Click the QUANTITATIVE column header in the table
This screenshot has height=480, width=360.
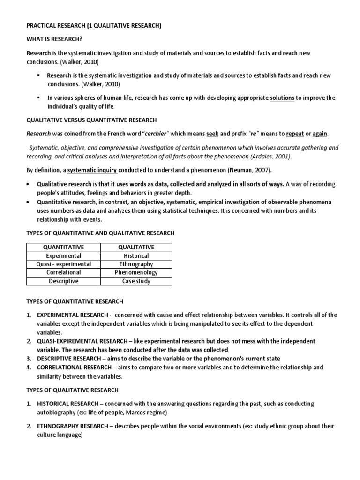click(x=63, y=247)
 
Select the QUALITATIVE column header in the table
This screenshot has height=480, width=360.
click(x=136, y=247)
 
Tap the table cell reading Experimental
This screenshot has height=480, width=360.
click(x=63, y=255)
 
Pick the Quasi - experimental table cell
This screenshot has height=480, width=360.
click(x=63, y=264)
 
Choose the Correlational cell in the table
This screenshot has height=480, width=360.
click(x=63, y=272)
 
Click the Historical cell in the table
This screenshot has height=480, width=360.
click(x=136, y=255)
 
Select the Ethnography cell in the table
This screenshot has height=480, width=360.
click(x=136, y=264)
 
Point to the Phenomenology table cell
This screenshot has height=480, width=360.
click(x=136, y=272)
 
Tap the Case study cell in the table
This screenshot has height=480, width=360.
click(x=136, y=281)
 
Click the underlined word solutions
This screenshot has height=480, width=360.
click(x=282, y=98)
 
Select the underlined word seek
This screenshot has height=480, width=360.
click(x=213, y=134)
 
